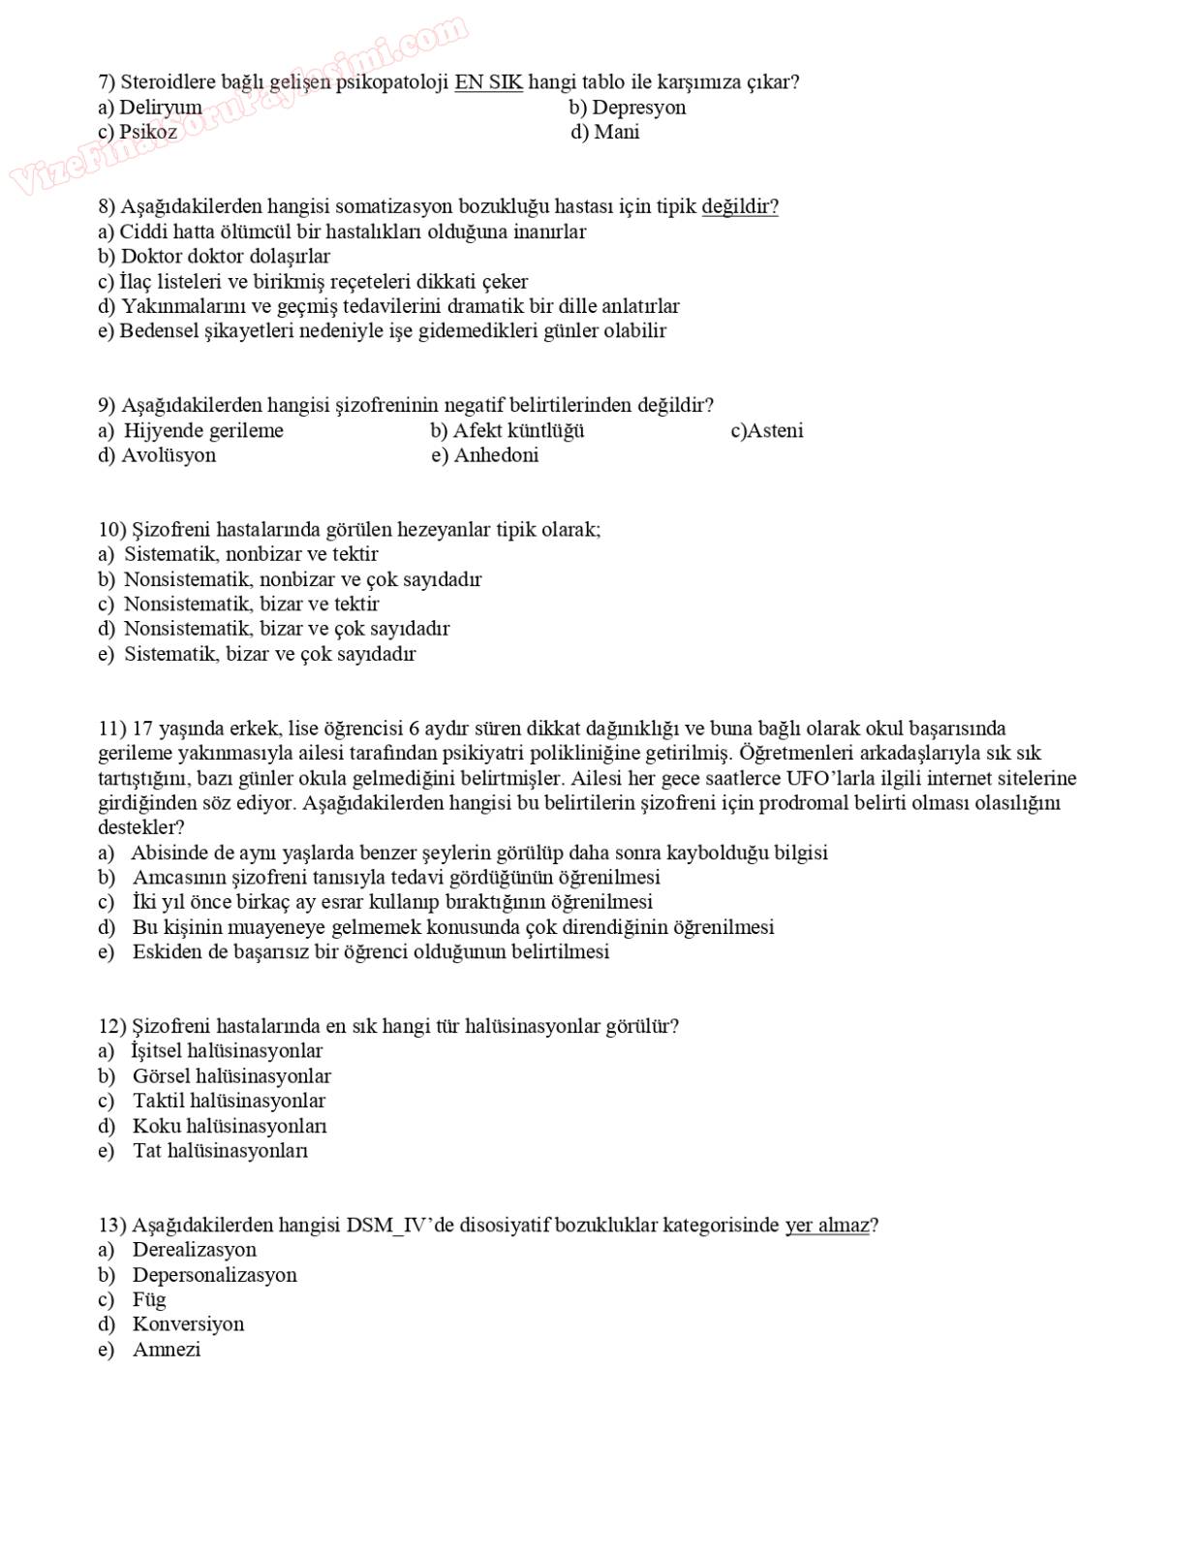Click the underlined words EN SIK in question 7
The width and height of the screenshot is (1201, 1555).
click(488, 82)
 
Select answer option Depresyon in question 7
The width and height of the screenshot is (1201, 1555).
click(637, 108)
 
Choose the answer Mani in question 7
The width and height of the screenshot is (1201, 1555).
click(616, 132)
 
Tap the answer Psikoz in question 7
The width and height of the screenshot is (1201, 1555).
click(147, 132)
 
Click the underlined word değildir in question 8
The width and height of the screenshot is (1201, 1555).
click(739, 206)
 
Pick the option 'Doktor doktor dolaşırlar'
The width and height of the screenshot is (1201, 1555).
click(225, 256)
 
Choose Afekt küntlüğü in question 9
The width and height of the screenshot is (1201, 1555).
click(518, 430)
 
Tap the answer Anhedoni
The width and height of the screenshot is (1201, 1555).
click(496, 455)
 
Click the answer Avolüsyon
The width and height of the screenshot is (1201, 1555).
click(169, 455)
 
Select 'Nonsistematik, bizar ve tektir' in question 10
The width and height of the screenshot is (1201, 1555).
click(251, 604)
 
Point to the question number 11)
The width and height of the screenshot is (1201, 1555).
click(112, 729)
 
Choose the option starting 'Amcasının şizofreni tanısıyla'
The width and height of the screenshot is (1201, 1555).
click(396, 877)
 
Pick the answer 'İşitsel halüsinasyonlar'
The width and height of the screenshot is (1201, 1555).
click(227, 1050)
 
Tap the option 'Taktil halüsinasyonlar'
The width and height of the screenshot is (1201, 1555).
click(229, 1101)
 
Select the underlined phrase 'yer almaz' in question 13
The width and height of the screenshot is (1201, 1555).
click(827, 1225)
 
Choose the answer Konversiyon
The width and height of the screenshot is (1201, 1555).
click(188, 1323)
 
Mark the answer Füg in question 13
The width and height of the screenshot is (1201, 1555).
click(149, 1299)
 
